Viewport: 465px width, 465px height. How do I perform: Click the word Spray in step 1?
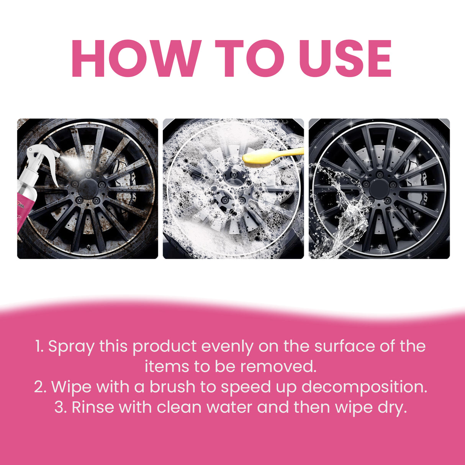click(71, 347)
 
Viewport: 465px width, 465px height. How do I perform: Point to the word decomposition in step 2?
click(364, 387)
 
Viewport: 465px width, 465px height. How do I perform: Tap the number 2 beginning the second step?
click(40, 387)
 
